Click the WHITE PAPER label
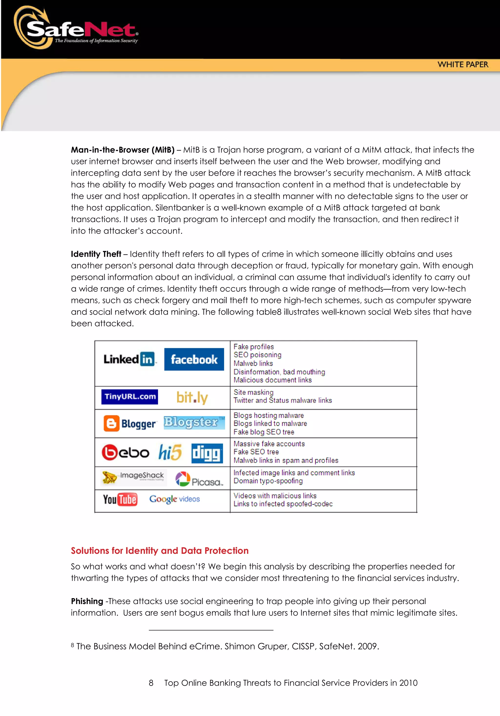pos(463,65)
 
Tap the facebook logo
pos(194,359)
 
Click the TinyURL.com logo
pos(130,397)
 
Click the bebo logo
pos(125,452)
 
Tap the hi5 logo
pos(170,452)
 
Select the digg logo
pos(207,453)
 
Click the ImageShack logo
pos(134,477)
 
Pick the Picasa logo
pos(199,479)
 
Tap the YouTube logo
pos(120,499)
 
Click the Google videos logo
pos(175,499)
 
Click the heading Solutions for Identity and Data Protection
pos(159,551)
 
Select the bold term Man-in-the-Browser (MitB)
pos(123,150)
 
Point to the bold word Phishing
pos(87,601)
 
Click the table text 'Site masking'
pos(253,392)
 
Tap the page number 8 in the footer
pos(151,683)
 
